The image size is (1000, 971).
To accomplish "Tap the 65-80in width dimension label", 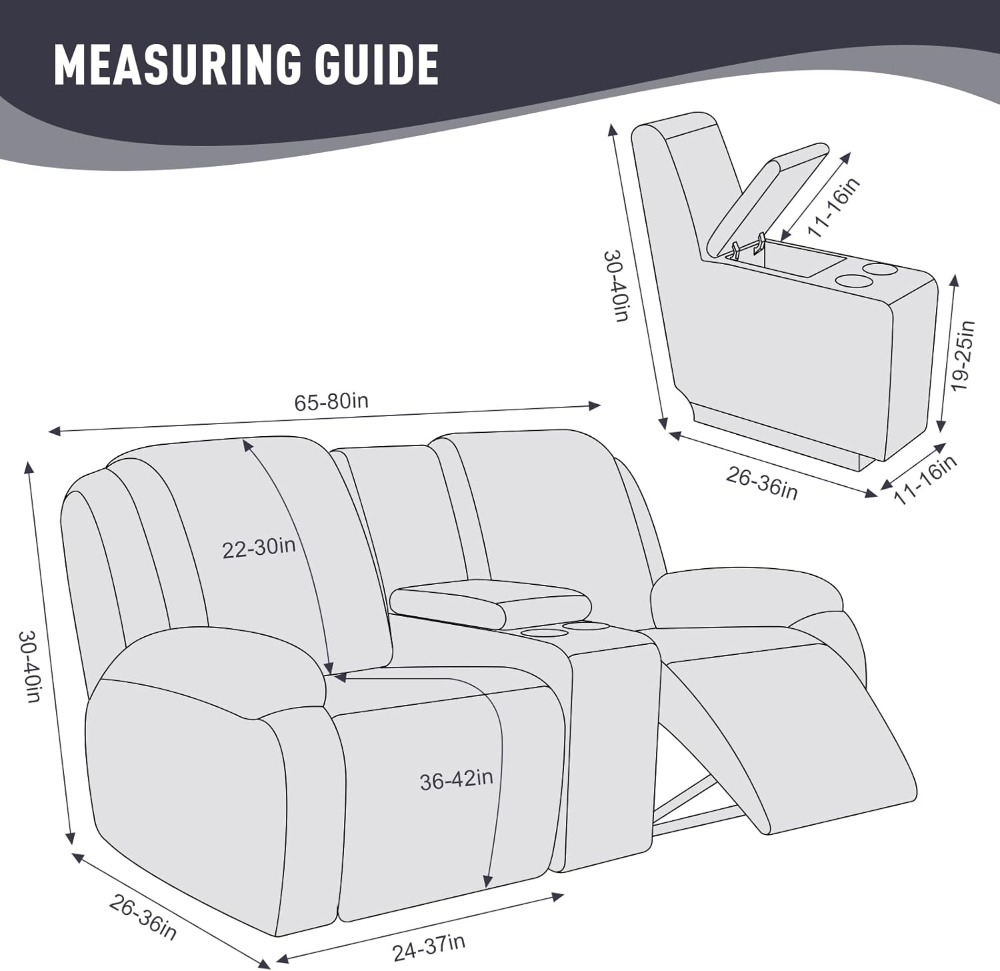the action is tap(331, 401).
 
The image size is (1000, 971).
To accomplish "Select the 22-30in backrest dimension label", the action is tap(259, 548).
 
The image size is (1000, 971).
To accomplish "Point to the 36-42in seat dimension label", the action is tap(457, 780).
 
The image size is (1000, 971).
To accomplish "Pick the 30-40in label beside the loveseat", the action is tap(30, 666).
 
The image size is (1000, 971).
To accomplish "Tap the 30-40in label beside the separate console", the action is tap(617, 286).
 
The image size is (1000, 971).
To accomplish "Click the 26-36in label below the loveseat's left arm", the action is tap(143, 918).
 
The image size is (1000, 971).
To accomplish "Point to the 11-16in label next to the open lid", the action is tap(834, 207).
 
